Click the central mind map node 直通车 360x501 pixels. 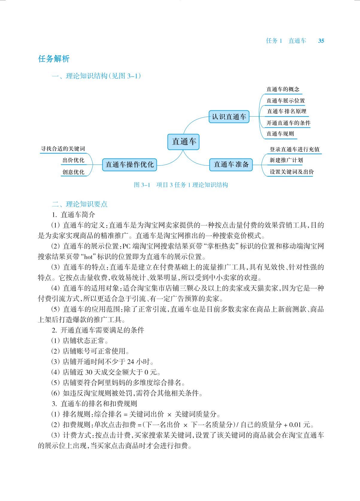click(x=183, y=141)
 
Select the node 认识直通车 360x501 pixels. click(x=229, y=117)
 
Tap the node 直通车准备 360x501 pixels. click(x=231, y=164)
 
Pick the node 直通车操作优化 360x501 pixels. click(x=130, y=165)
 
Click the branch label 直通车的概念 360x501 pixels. click(x=283, y=89)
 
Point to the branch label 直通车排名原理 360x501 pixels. click(x=286, y=112)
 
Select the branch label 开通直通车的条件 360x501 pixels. click(x=288, y=123)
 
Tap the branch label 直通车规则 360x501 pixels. click(x=280, y=134)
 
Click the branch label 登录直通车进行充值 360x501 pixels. click(x=294, y=149)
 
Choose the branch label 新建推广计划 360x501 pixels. click(x=286, y=160)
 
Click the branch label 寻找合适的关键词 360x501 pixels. click(x=63, y=149)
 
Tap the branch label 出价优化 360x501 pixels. click(x=73, y=160)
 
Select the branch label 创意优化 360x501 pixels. click(x=73, y=172)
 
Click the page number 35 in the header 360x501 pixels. click(x=321, y=41)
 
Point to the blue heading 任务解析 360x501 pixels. click(x=54, y=59)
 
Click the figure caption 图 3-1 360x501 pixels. click(x=141, y=185)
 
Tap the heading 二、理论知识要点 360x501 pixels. click(x=80, y=204)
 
